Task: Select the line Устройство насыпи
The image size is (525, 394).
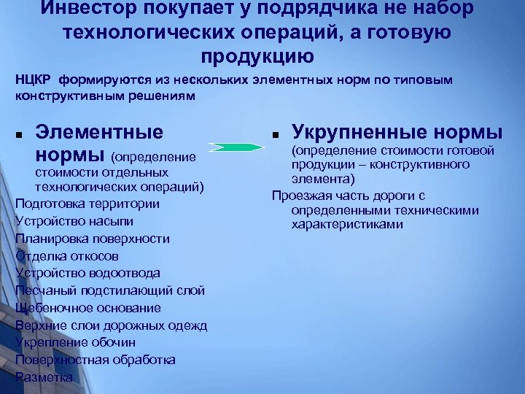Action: pyautogui.click(x=74, y=220)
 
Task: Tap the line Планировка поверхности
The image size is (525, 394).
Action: pyautogui.click(x=92, y=238)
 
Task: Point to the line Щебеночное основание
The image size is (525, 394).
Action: pyautogui.click(x=87, y=308)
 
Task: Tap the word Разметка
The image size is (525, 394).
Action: pyautogui.click(x=44, y=377)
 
